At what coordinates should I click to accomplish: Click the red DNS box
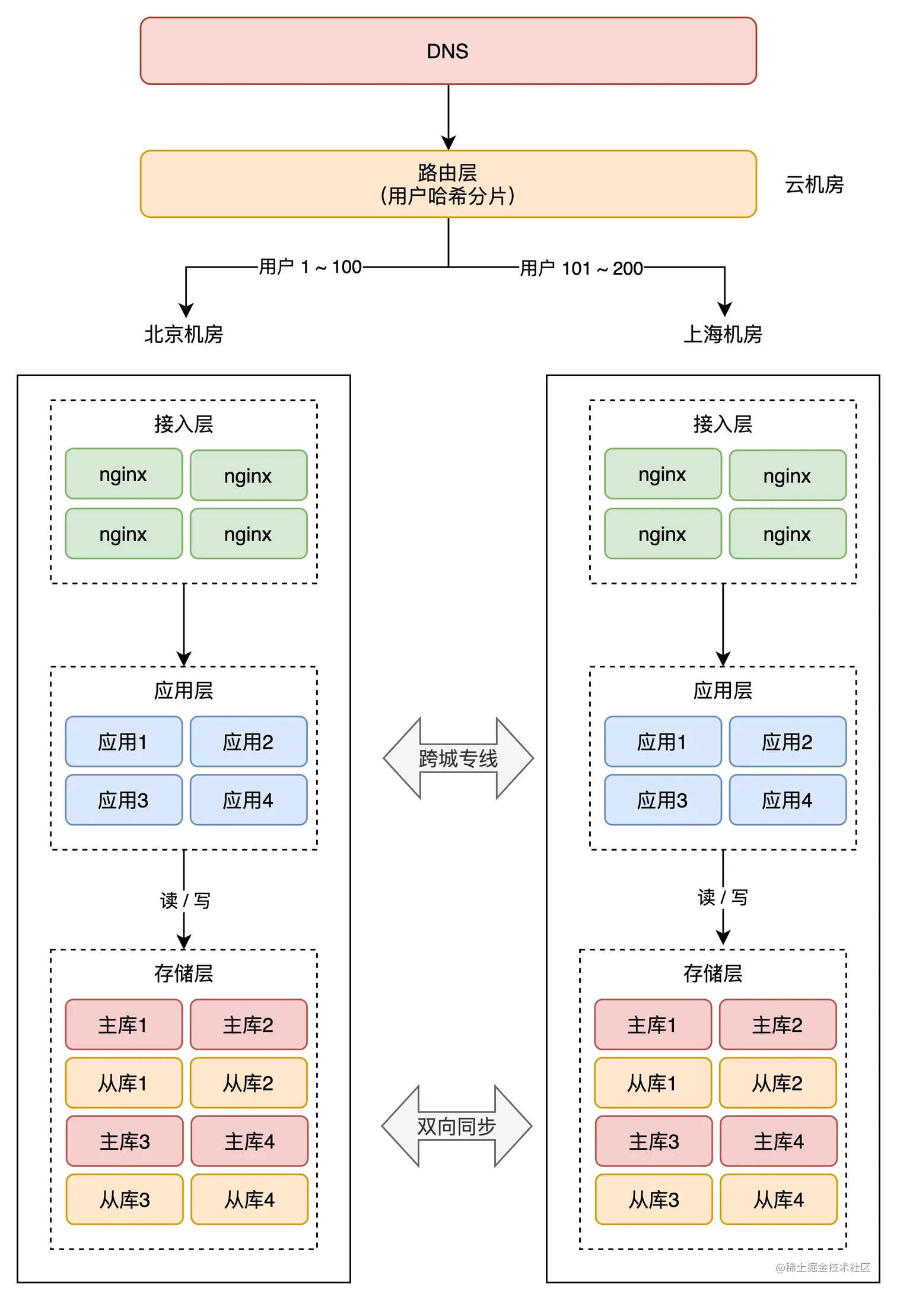(x=448, y=51)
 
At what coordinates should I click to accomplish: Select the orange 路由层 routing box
(x=448, y=184)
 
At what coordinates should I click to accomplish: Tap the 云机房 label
(x=814, y=185)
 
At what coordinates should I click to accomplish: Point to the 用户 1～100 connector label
(x=310, y=267)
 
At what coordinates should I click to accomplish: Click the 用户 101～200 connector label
(x=581, y=268)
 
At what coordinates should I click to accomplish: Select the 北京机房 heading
(x=184, y=334)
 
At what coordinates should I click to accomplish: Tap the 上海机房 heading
(x=723, y=334)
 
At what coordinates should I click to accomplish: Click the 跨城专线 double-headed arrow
(x=458, y=758)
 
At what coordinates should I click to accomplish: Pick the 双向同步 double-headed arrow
(x=456, y=1126)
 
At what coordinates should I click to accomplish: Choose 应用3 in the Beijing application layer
(x=123, y=800)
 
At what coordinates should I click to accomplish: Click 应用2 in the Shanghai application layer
(x=787, y=742)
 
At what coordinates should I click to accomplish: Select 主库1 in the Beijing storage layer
(x=123, y=1025)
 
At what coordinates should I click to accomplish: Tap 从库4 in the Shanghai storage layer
(x=778, y=1200)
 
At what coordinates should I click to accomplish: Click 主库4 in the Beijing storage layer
(x=249, y=1142)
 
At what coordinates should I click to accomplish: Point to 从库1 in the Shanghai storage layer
(x=653, y=1083)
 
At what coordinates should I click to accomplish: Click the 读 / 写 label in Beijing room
(x=185, y=900)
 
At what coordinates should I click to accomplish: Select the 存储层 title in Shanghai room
(x=712, y=973)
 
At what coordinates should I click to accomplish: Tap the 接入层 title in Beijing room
(x=184, y=424)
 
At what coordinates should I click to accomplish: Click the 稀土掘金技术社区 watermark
(x=823, y=1267)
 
